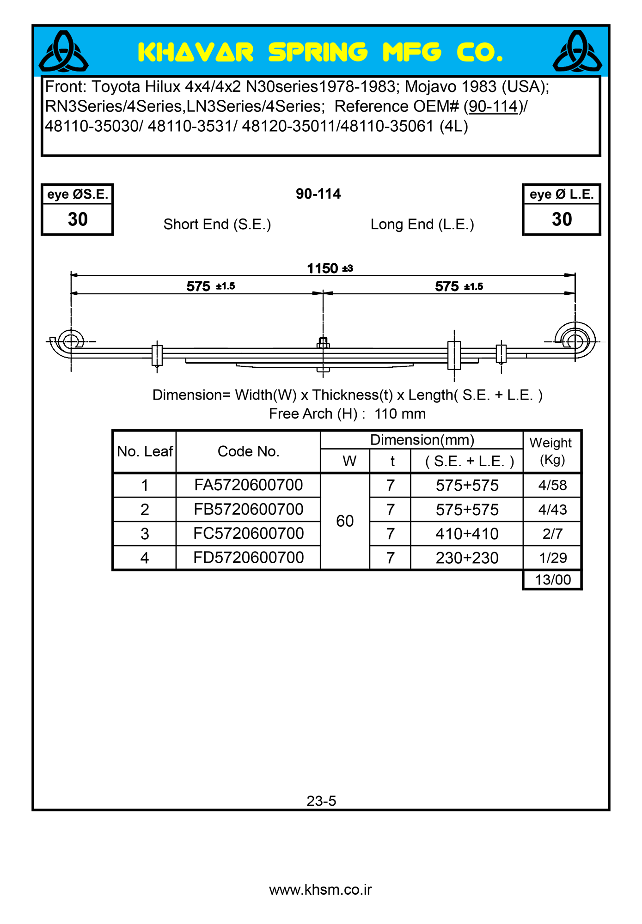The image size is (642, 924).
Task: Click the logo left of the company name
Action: pyautogui.click(x=63, y=51)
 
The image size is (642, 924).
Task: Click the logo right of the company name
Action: pyautogui.click(x=577, y=51)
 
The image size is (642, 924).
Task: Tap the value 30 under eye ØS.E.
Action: pyautogui.click(x=78, y=219)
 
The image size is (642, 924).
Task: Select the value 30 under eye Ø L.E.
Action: pyautogui.click(x=562, y=219)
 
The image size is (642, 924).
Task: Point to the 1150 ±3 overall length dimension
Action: pyautogui.click(x=330, y=268)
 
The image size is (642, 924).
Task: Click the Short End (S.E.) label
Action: pyautogui.click(x=217, y=225)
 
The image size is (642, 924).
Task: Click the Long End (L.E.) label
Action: pyautogui.click(x=422, y=225)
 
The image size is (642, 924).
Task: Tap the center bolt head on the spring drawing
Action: pyautogui.click(x=323, y=343)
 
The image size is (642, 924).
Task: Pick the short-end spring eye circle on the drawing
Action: pyautogui.click(x=71, y=341)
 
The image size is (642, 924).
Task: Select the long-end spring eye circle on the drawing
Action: pyautogui.click(x=575, y=342)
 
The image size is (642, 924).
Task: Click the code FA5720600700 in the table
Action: pyautogui.click(x=248, y=485)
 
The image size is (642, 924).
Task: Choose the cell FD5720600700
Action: pyautogui.click(x=248, y=558)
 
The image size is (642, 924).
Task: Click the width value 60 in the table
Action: pyautogui.click(x=345, y=521)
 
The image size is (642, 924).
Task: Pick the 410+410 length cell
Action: pyautogui.click(x=467, y=534)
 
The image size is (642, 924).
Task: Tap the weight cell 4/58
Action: pyautogui.click(x=552, y=485)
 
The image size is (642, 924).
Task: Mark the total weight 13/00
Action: pyautogui.click(x=552, y=580)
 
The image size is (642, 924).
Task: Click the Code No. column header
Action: pyautogui.click(x=248, y=451)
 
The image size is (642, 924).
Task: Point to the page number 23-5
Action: pyautogui.click(x=321, y=801)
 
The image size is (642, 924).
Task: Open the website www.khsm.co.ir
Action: pyautogui.click(x=320, y=890)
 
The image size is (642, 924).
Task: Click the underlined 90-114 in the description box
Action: pyautogui.click(x=493, y=107)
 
